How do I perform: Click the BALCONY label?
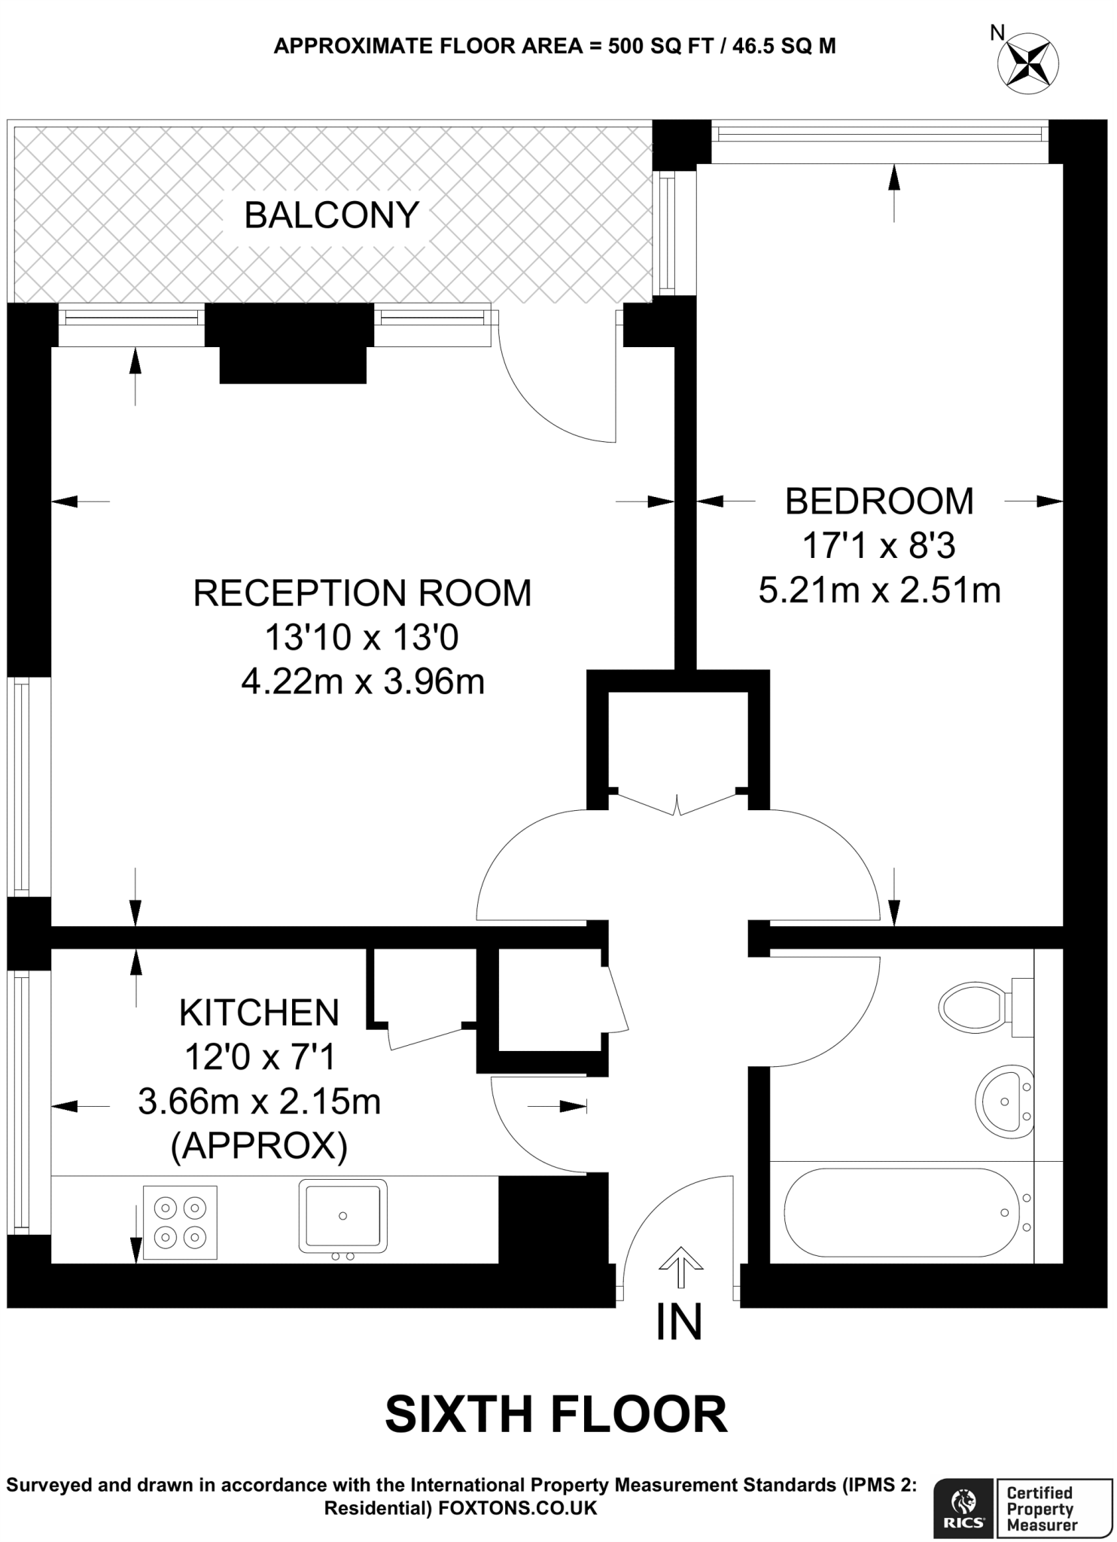coord(331,215)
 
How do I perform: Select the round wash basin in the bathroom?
coord(1004,1102)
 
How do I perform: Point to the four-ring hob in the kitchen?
coord(180,1222)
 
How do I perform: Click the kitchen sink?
coord(342,1215)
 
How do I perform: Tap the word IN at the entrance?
coord(679,1322)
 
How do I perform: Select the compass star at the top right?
coord(1028,63)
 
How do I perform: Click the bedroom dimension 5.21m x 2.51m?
coord(879,590)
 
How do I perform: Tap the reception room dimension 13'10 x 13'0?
coord(361,638)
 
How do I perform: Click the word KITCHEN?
coord(259,1013)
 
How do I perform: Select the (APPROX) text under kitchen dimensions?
coord(259,1146)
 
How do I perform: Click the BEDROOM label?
coord(879,501)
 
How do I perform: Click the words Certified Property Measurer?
coord(1041,1508)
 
